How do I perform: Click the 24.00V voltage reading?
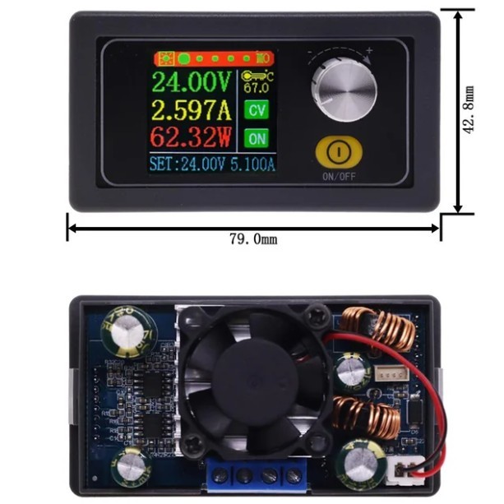click(x=193, y=82)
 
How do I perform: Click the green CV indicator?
click(x=257, y=110)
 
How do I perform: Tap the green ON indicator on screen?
click(x=257, y=137)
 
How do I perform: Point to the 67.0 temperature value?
click(x=257, y=87)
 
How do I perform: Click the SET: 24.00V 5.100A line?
click(x=212, y=163)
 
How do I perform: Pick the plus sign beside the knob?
click(x=370, y=51)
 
